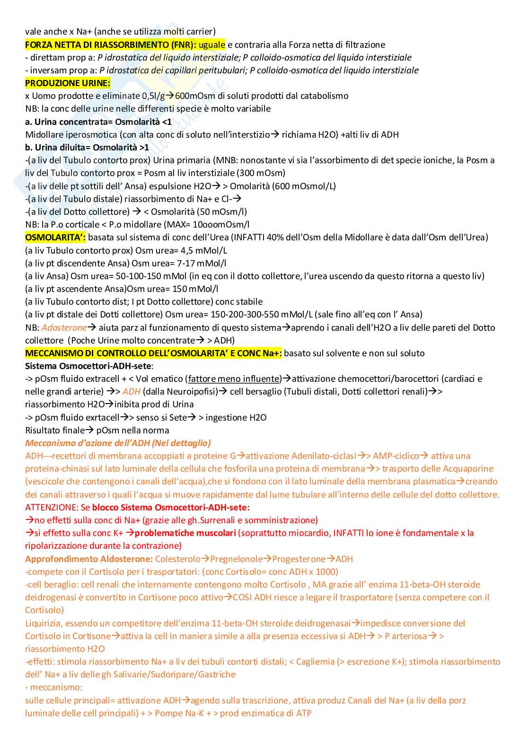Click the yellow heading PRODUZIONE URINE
tap(67, 83)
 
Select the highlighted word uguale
tap(211, 45)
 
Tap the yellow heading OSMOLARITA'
tap(55, 237)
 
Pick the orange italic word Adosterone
tap(64, 328)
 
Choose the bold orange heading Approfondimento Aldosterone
tap(89, 559)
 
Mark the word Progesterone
tap(299, 559)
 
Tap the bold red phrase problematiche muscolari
tap(185, 533)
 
